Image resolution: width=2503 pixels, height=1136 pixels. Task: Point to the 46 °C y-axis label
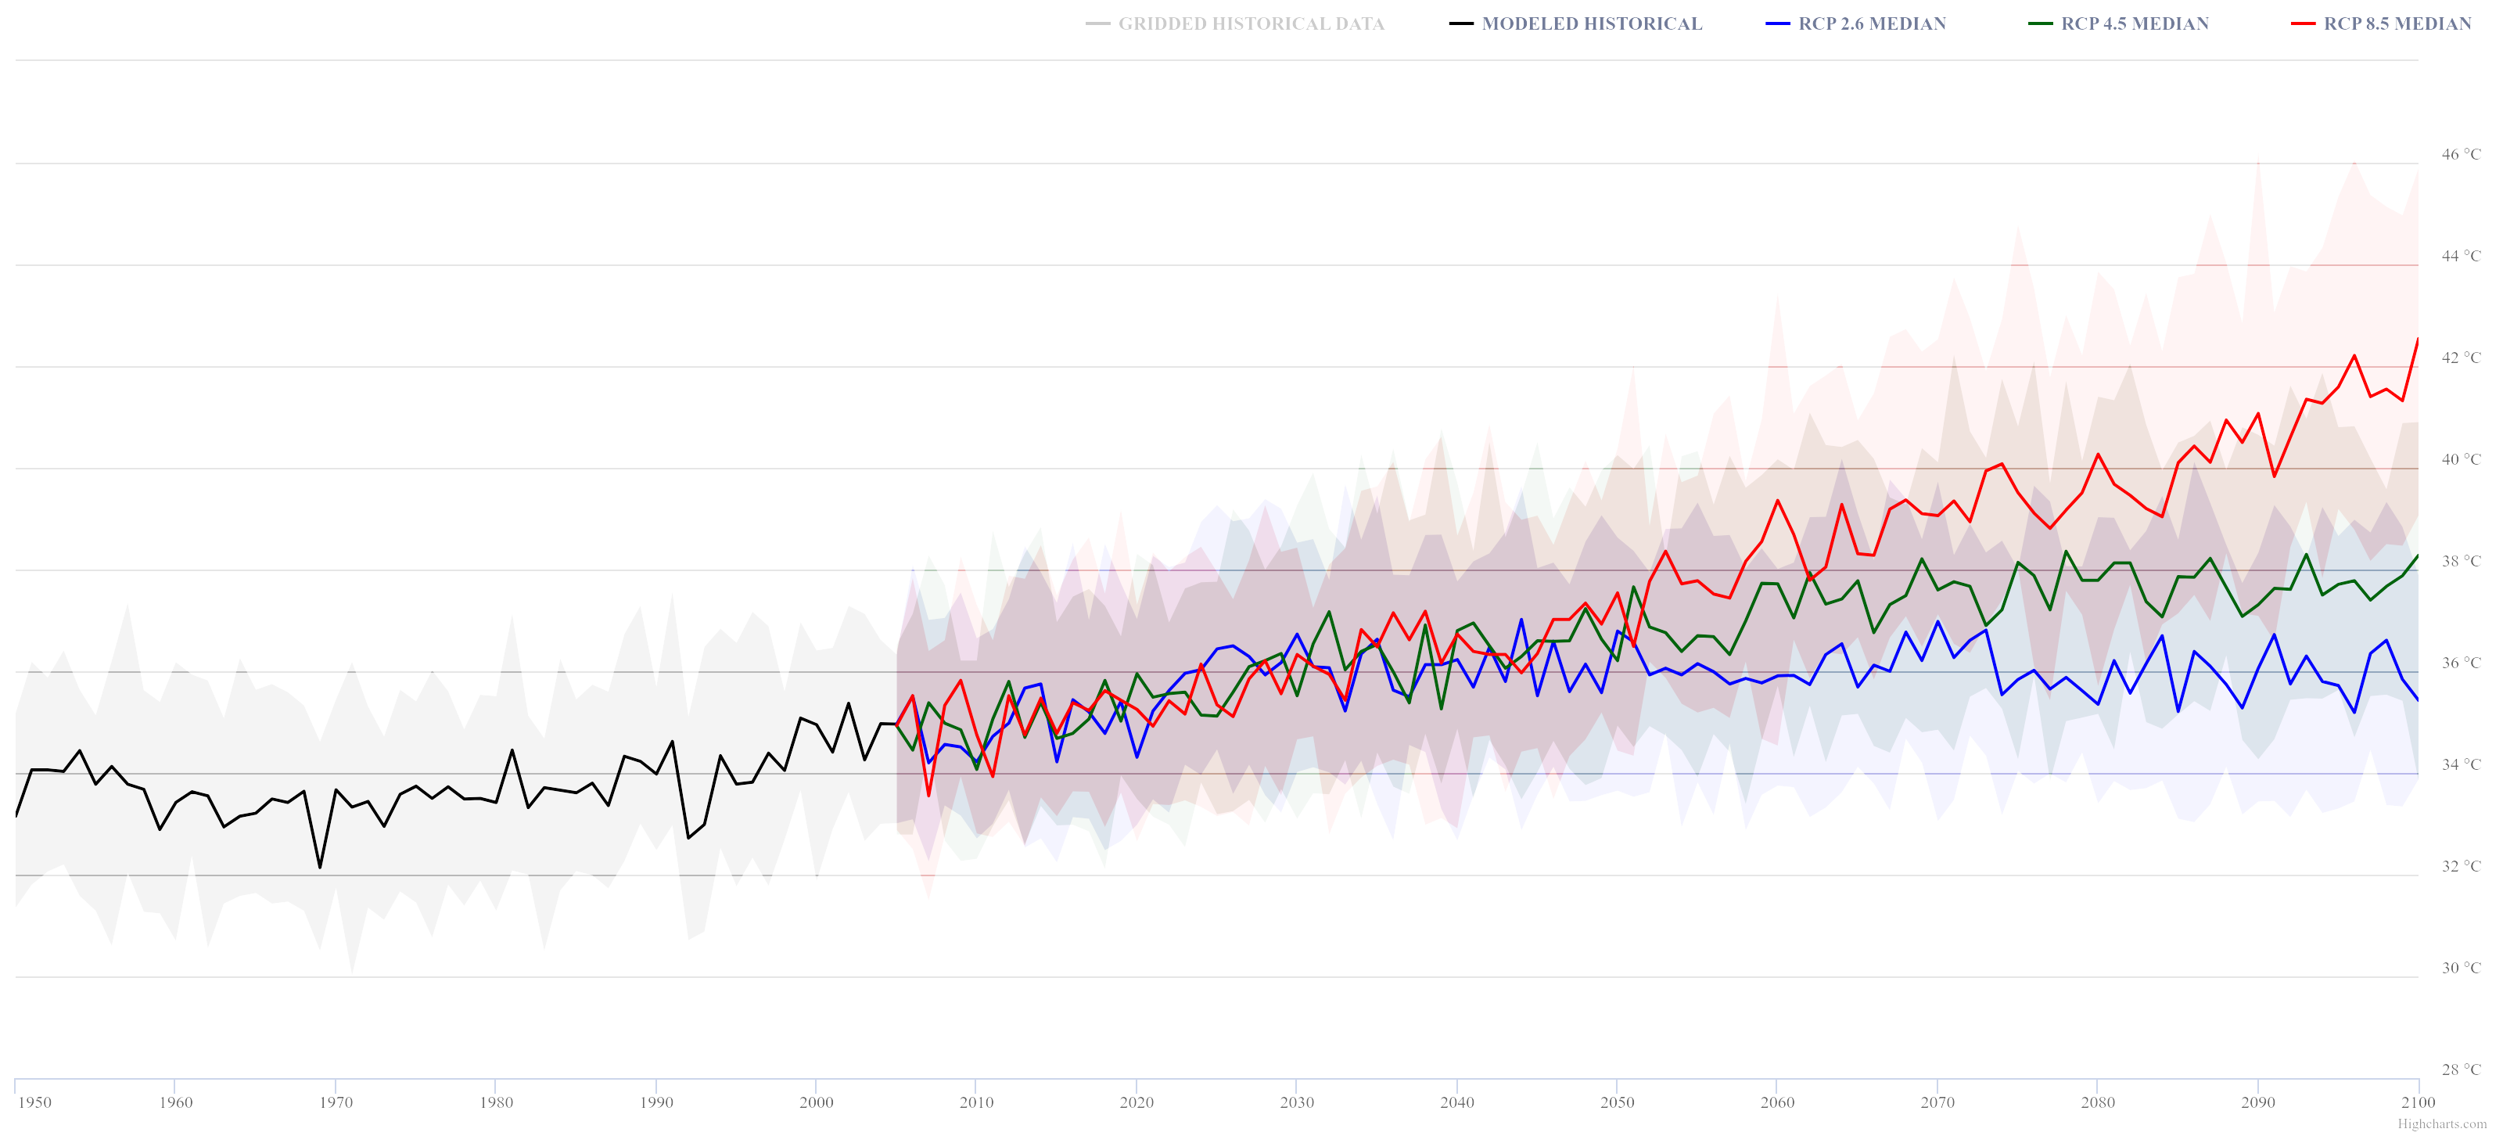(x=2460, y=153)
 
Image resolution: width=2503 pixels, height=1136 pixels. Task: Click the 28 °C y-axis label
(x=2460, y=1069)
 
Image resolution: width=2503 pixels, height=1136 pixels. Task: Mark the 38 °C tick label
(x=2460, y=561)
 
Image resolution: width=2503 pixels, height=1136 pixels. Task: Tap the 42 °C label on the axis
(x=2460, y=358)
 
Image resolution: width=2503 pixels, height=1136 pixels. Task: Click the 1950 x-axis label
(x=34, y=1102)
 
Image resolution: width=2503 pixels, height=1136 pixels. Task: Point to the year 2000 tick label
(x=816, y=1102)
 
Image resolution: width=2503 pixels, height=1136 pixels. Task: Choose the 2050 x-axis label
(x=1617, y=1102)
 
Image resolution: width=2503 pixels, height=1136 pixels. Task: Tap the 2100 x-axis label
(x=2418, y=1102)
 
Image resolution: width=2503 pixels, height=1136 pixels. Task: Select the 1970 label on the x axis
(x=336, y=1102)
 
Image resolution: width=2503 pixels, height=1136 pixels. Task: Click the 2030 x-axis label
(x=1296, y=1102)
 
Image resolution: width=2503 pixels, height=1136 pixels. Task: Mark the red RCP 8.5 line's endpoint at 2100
(x=2418, y=339)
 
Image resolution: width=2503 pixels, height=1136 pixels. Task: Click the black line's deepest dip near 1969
(x=320, y=867)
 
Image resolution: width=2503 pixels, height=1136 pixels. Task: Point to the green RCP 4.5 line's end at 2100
(x=2418, y=555)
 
